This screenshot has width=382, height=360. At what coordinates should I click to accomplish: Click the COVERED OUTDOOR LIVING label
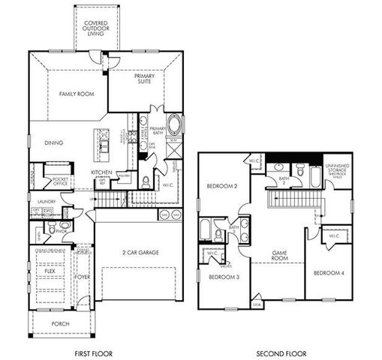tap(95, 29)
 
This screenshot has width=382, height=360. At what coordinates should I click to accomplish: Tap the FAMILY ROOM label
tap(75, 94)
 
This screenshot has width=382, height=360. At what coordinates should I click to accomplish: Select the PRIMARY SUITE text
tap(144, 79)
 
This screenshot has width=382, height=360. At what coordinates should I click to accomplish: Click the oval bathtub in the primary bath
tap(173, 124)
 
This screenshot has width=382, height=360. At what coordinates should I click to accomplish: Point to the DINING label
tap(53, 142)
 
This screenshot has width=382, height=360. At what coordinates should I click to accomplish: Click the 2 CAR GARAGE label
tap(140, 253)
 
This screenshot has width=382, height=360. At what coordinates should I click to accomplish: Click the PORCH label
tap(60, 324)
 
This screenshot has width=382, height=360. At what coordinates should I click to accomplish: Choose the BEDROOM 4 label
tap(328, 272)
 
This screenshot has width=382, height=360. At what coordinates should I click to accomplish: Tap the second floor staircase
tap(291, 199)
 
